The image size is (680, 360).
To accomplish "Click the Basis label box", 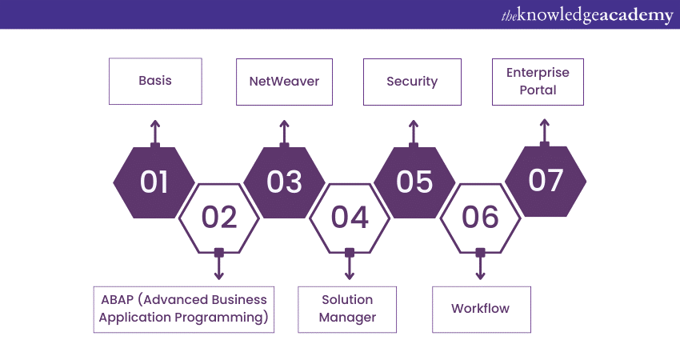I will (155, 81).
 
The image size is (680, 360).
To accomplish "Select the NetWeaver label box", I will (284, 81).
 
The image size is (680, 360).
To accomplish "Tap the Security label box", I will (412, 81).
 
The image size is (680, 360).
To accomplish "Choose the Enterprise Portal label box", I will (538, 81).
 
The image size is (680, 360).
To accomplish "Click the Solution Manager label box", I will (347, 309).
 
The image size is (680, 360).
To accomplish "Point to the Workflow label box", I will (480, 309).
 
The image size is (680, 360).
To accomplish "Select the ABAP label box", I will (184, 309).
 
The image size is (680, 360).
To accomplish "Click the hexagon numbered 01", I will (154, 182).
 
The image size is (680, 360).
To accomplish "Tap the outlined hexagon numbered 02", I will (219, 217).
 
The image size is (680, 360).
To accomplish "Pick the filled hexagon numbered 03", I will (284, 182).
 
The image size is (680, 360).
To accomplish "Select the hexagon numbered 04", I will (350, 217).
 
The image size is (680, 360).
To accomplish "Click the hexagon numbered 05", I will (414, 182).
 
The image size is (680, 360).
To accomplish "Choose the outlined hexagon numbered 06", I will (480, 217).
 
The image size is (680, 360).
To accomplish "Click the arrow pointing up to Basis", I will (155, 132).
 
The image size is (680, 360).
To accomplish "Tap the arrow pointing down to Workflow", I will (480, 266).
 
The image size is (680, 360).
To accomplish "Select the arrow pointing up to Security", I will (414, 132).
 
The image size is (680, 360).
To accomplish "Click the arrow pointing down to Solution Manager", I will (350, 266).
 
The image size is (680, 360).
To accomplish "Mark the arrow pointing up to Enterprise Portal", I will (545, 131).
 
